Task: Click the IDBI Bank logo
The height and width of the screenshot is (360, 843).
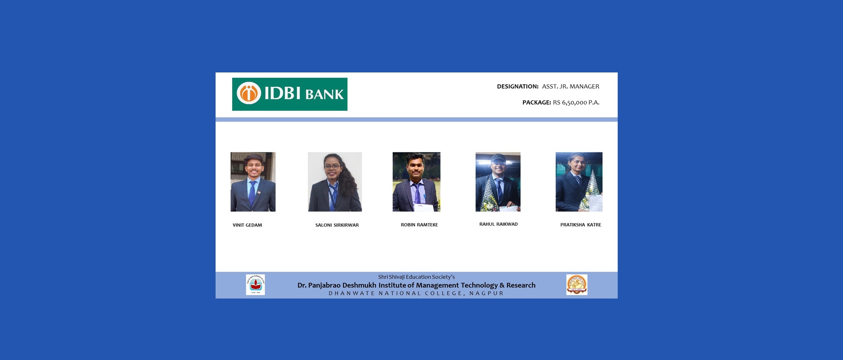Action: pyautogui.click(x=290, y=94)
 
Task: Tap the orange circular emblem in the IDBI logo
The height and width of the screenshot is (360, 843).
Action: pyautogui.click(x=249, y=93)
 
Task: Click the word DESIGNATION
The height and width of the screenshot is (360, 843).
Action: pyautogui.click(x=518, y=86)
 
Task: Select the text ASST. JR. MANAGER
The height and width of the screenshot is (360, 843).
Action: pyautogui.click(x=570, y=86)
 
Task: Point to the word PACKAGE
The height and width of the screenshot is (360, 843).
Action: pyautogui.click(x=537, y=102)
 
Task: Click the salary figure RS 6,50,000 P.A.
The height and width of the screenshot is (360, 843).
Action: pyautogui.click(x=576, y=102)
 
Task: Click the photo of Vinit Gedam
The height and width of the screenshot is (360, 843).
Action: pyautogui.click(x=253, y=182)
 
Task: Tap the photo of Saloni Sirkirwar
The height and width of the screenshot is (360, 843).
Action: pyautogui.click(x=335, y=182)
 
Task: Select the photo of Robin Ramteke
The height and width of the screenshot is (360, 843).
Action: pyautogui.click(x=416, y=182)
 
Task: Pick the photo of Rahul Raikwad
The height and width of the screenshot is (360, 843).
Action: pyautogui.click(x=498, y=182)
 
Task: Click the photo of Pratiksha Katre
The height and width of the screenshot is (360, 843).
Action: pyautogui.click(x=579, y=182)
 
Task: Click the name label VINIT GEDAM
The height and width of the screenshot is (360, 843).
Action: pyautogui.click(x=247, y=225)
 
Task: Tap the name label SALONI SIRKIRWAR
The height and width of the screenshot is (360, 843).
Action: pyautogui.click(x=337, y=225)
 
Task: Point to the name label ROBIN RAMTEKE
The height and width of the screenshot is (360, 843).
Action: pyautogui.click(x=419, y=225)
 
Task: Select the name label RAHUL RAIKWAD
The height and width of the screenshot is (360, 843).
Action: pyautogui.click(x=498, y=224)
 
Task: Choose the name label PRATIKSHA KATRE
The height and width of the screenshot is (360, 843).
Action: pyautogui.click(x=581, y=225)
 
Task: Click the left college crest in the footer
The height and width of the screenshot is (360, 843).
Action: pyautogui.click(x=256, y=285)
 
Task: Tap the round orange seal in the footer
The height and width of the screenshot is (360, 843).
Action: pyautogui.click(x=577, y=284)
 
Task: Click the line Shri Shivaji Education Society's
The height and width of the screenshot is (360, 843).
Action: pyautogui.click(x=416, y=277)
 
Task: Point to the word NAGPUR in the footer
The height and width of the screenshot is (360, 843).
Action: pyautogui.click(x=486, y=293)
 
